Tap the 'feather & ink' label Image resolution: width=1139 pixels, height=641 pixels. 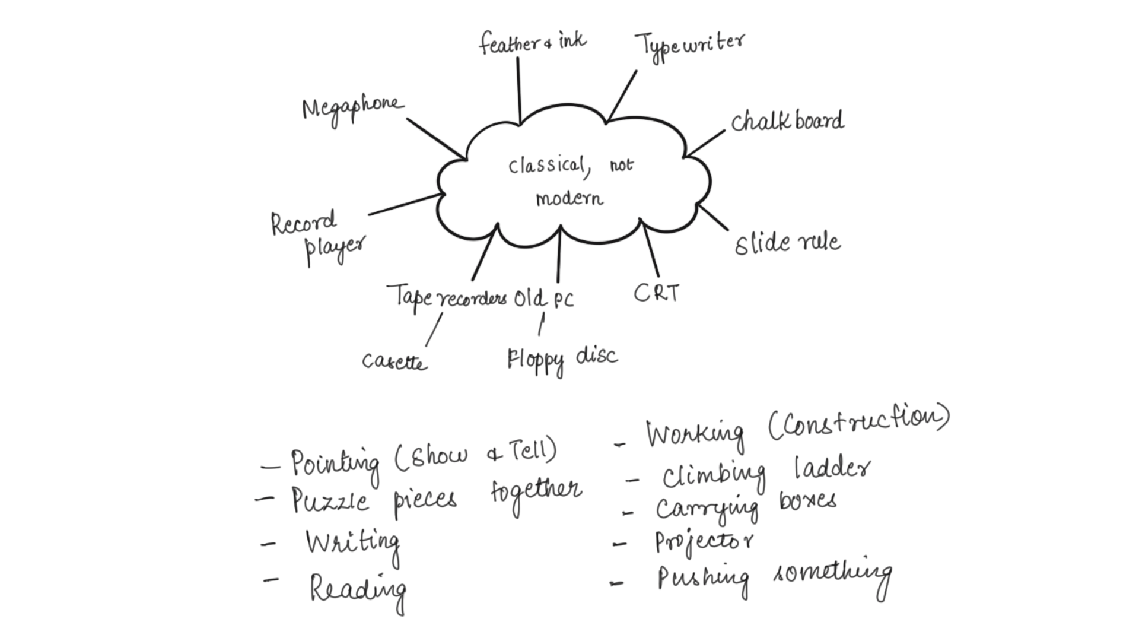click(532, 43)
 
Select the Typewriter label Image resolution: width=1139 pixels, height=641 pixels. click(689, 45)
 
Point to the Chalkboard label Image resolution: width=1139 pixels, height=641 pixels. click(787, 122)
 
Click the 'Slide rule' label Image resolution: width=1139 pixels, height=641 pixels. click(787, 243)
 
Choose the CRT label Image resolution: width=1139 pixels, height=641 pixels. click(656, 293)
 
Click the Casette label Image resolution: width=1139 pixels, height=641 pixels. click(394, 361)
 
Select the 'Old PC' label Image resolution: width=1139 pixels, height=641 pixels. click(543, 299)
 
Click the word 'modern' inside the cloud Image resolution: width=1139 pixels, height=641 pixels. click(569, 198)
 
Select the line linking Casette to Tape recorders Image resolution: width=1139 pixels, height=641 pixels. click(434, 329)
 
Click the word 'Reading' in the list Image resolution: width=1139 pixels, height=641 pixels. click(358, 589)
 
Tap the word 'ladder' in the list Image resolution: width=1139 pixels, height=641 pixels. click(832, 469)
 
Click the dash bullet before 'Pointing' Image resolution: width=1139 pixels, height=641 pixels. click(271, 467)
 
